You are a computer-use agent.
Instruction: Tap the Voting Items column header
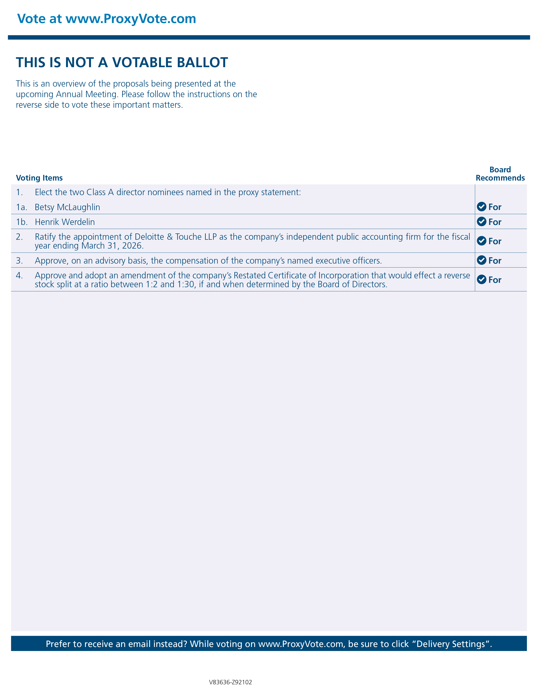pyautogui.click(x=39, y=178)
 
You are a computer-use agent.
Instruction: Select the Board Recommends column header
pyautogui.click(x=500, y=174)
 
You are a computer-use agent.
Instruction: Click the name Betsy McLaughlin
pyautogui.click(x=67, y=207)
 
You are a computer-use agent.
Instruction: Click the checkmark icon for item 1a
pyautogui.click(x=481, y=207)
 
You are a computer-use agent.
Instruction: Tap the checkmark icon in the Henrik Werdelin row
pyautogui.click(x=481, y=222)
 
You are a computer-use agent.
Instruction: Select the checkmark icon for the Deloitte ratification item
pyautogui.click(x=481, y=241)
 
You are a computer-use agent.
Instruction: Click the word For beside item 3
pyautogui.click(x=495, y=261)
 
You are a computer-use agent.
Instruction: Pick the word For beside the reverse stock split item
pyautogui.click(x=495, y=280)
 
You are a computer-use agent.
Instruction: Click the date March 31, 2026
pyautogui.click(x=112, y=246)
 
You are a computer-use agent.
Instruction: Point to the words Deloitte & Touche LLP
pyautogui.click(x=176, y=237)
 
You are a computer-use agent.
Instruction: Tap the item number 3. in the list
pyautogui.click(x=19, y=261)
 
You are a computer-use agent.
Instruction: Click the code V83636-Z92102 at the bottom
pyautogui.click(x=230, y=682)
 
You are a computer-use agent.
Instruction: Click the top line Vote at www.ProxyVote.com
pyautogui.click(x=107, y=19)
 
